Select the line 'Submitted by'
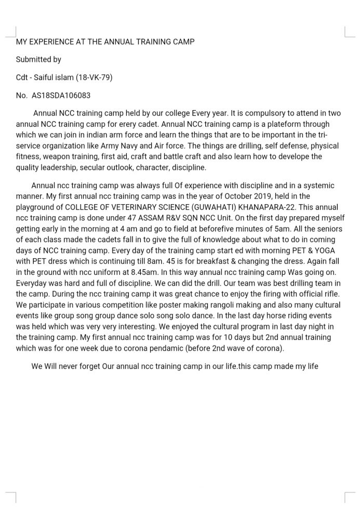[38, 60]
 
